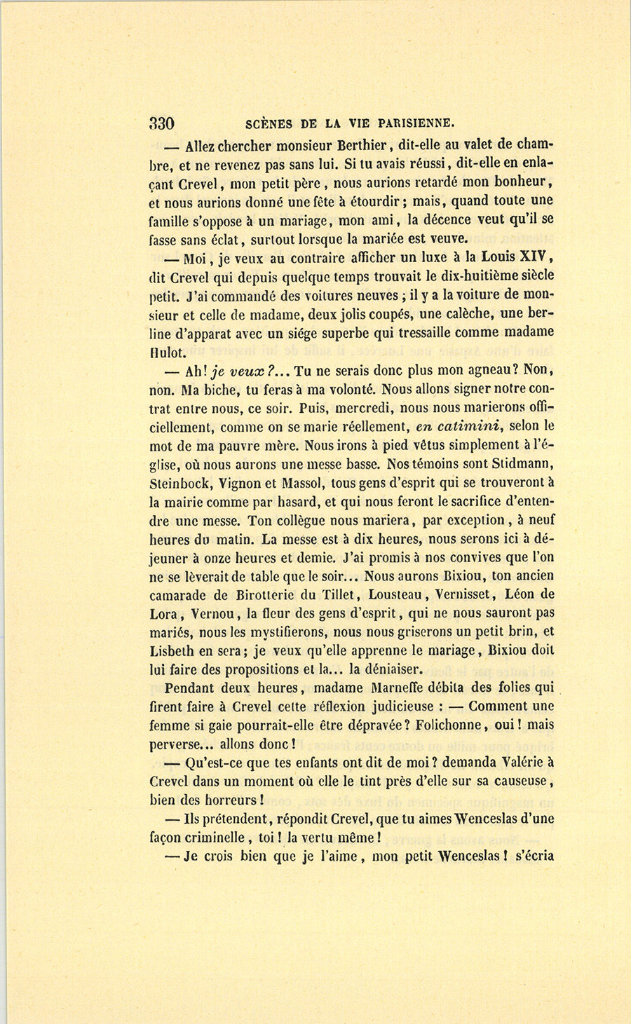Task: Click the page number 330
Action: [161, 124]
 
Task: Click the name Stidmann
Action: [518, 463]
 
